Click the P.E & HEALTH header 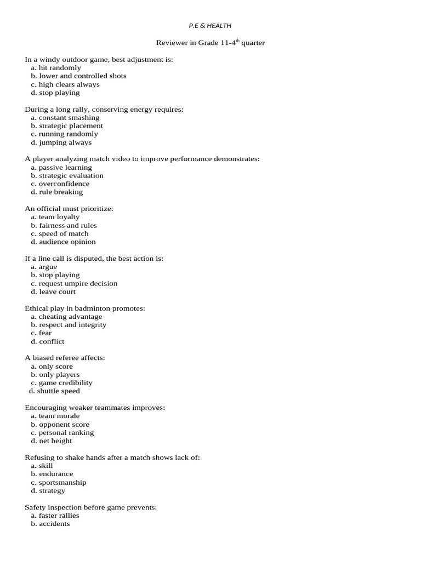(x=210, y=25)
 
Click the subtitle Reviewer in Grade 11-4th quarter (x=210, y=43)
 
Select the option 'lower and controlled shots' (x=82, y=76)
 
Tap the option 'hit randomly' (x=60, y=68)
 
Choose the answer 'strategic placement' (x=71, y=126)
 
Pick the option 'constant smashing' (x=69, y=118)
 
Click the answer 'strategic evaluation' (x=71, y=176)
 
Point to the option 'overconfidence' (x=64, y=184)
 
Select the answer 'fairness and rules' (x=67, y=226)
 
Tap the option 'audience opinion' (x=67, y=242)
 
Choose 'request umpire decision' (x=78, y=284)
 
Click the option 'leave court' (x=57, y=292)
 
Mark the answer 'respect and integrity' (x=72, y=325)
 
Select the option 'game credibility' (x=65, y=383)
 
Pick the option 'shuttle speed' (x=58, y=391)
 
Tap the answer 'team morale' (x=59, y=416)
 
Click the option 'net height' (x=55, y=441)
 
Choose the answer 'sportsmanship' (x=62, y=483)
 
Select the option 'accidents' (x=54, y=524)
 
